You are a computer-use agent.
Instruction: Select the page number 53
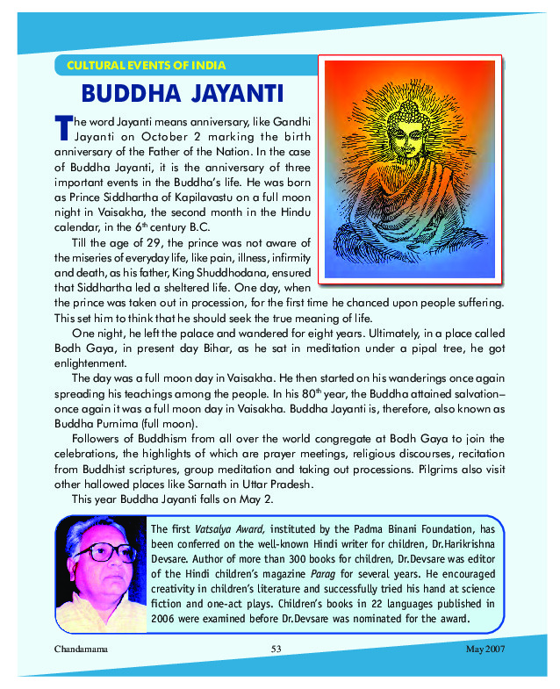point(276,649)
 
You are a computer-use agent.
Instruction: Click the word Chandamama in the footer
point(78,649)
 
